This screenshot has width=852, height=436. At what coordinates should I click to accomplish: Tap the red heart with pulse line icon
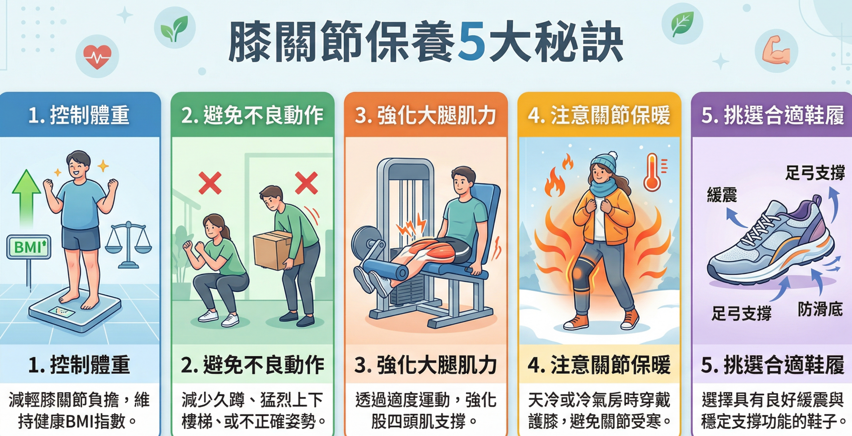[x=97, y=56]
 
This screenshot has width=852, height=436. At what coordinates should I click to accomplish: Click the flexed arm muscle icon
[x=776, y=50]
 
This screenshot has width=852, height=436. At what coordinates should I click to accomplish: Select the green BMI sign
[x=29, y=246]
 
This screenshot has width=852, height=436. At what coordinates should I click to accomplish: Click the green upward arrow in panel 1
[x=26, y=198]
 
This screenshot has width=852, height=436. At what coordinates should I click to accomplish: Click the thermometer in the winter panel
[x=653, y=172]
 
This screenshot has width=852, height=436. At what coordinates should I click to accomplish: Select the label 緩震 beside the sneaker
[x=722, y=195]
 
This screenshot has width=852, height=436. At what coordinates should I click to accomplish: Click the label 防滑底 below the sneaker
[x=820, y=309]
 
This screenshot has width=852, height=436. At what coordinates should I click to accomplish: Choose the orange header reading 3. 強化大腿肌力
[x=426, y=115]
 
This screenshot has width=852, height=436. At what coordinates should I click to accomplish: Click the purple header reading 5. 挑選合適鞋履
[x=772, y=115]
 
